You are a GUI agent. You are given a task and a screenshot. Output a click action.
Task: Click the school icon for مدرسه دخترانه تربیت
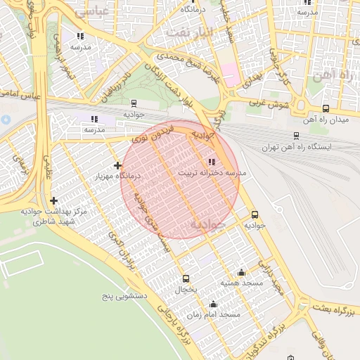pos(213,162)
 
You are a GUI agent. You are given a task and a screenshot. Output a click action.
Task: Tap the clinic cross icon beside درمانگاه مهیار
pos(117,165)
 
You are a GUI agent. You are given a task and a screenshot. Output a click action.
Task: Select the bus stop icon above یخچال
pos(186,278)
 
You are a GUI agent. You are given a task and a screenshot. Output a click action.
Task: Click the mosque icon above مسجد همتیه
pos(242,273)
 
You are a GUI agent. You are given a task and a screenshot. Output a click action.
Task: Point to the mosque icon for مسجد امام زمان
pos(213,304)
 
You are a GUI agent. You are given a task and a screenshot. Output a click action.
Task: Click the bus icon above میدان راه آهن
pos(326,108)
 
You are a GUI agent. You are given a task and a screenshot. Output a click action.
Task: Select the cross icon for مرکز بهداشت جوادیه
pos(53,201)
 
